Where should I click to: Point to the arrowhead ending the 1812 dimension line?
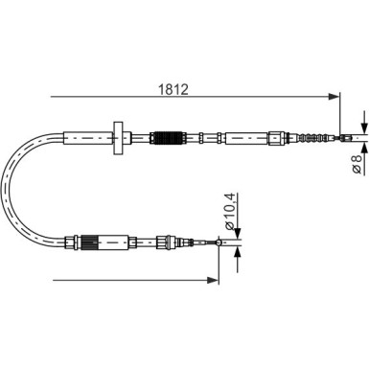pos(334,96)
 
